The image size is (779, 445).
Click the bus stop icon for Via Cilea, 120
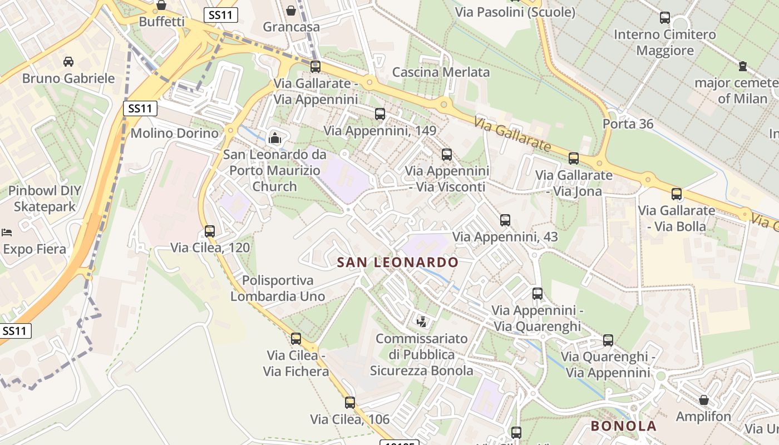(210, 231)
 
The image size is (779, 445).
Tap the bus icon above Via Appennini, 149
(380, 114)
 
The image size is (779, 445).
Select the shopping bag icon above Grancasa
(291, 10)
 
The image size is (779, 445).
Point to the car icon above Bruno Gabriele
(68, 61)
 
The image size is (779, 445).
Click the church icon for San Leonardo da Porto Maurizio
(274, 138)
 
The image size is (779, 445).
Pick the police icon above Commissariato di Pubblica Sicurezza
(422, 322)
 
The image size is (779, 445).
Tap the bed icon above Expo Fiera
(7, 232)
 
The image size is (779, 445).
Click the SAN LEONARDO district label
(398, 262)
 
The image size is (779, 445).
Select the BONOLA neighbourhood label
(623, 426)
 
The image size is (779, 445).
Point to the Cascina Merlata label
(441, 72)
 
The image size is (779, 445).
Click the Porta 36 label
(628, 123)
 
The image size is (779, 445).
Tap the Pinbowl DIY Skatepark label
(45, 199)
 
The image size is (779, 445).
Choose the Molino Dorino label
(174, 133)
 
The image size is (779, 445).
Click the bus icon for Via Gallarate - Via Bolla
(677, 194)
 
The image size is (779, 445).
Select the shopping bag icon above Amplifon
(704, 400)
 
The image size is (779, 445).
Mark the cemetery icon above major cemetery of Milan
(742, 66)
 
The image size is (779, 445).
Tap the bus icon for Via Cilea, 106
(349, 402)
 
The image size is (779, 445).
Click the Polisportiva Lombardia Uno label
(278, 288)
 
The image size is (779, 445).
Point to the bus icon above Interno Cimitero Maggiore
(665, 18)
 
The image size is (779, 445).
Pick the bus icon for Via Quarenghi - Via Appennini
(608, 340)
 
